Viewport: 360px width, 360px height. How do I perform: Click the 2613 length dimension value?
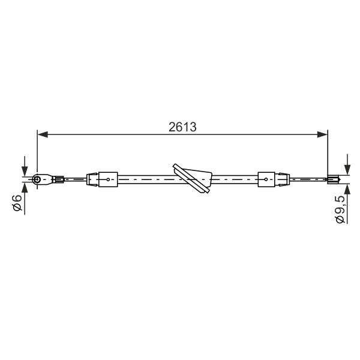[x=182, y=127]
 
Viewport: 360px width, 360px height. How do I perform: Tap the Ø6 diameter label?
[x=17, y=203]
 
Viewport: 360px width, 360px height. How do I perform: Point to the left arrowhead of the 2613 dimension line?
[x=43, y=134]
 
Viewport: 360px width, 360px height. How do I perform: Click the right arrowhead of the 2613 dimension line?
[x=322, y=134]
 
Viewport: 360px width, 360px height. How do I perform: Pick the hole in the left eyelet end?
[x=37, y=179]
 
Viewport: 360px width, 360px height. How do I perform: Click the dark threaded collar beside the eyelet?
[x=59, y=179]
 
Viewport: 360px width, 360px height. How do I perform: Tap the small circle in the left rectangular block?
[x=108, y=179]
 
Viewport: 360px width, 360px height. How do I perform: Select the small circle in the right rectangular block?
[x=266, y=179]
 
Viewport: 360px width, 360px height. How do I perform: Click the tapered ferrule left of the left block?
[x=92, y=179]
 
